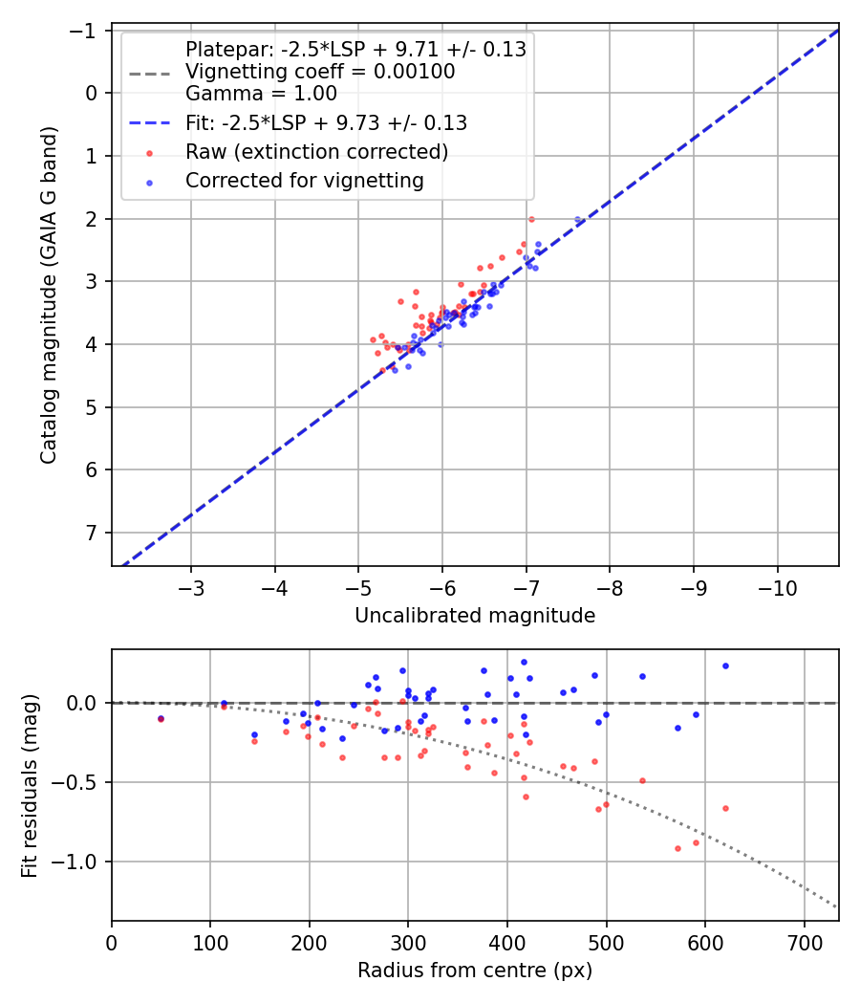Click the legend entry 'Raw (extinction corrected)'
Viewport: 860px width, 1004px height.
[316, 152]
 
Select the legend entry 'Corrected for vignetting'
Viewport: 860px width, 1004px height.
[304, 180]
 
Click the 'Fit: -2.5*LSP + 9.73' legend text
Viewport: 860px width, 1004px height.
[326, 123]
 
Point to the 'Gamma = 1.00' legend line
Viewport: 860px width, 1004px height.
[261, 94]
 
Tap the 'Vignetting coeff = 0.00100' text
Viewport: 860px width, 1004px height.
[320, 72]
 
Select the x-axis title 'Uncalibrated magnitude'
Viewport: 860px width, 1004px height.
[475, 616]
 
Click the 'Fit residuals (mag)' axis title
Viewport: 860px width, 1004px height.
[30, 785]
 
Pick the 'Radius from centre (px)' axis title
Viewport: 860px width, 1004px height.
[475, 971]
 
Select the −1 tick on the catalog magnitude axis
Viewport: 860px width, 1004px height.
[89, 31]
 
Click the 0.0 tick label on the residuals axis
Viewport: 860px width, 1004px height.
[85, 703]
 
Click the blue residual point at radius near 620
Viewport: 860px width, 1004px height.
[725, 666]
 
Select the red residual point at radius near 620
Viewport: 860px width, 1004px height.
[725, 808]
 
